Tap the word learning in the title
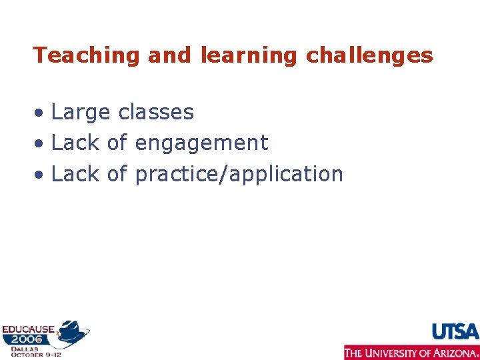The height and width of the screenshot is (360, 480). (248, 56)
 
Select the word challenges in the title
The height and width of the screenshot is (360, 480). (369, 55)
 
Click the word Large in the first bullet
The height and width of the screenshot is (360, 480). (81, 113)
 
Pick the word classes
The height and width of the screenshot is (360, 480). (155, 112)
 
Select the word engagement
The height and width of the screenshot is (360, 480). (201, 143)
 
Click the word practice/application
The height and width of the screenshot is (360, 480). (239, 175)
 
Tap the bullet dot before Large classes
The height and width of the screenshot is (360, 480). (41, 113)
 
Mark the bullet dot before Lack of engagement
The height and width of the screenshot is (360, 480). (41, 144)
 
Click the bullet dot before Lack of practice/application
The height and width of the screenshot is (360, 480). (41, 175)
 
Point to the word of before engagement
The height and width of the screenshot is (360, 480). (117, 143)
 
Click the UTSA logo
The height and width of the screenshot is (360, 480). (455, 331)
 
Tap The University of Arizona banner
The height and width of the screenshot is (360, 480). (411, 352)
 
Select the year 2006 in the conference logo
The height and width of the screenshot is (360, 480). (26, 339)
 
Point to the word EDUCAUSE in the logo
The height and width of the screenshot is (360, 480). (28, 329)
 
